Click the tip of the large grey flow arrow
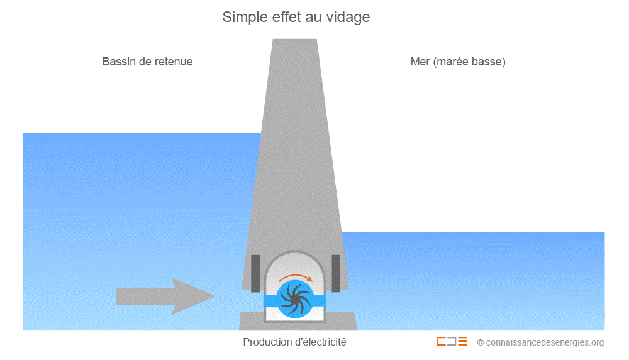216,296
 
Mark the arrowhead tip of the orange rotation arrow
312,281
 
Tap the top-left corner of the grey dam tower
273,39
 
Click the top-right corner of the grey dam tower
317,39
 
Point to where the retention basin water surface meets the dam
261,133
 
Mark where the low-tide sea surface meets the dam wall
342,232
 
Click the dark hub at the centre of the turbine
295,300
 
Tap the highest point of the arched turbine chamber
295,251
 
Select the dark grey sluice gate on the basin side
255,273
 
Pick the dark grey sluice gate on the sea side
336,273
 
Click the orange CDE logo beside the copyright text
452,342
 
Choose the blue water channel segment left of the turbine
270,300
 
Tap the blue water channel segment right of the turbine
320,300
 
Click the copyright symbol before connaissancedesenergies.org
480,342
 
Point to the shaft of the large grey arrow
144,296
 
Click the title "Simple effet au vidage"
296,17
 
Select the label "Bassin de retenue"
147,62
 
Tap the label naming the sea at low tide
458,62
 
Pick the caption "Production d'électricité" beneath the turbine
294,342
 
